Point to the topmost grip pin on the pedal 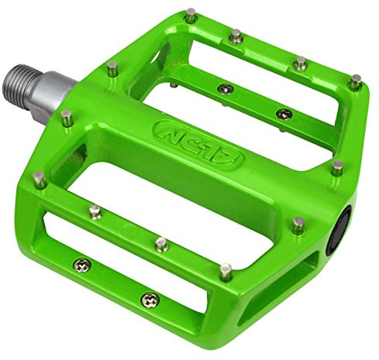click(190, 12)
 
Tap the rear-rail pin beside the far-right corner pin click(300, 61)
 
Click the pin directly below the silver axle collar click(66, 117)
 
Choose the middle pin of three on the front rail click(160, 244)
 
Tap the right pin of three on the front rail click(226, 271)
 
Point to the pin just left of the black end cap click(299, 225)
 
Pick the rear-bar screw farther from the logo click(283, 114)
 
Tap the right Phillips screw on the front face click(147, 298)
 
